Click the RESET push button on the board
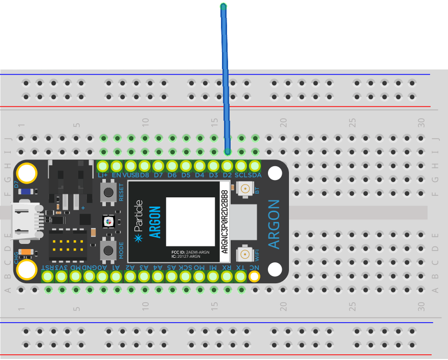[x=108, y=192]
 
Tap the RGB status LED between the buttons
[x=108, y=221]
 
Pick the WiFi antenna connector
[x=245, y=253]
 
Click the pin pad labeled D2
[x=227, y=166]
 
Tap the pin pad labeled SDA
[x=255, y=166]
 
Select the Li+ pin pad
[x=103, y=166]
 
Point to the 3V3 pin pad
[x=61, y=277]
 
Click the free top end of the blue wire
[x=223, y=6]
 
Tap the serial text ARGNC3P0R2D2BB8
[x=224, y=221]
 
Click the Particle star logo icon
[x=137, y=238]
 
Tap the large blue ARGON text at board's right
[x=275, y=224]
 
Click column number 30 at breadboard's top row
[x=421, y=123]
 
